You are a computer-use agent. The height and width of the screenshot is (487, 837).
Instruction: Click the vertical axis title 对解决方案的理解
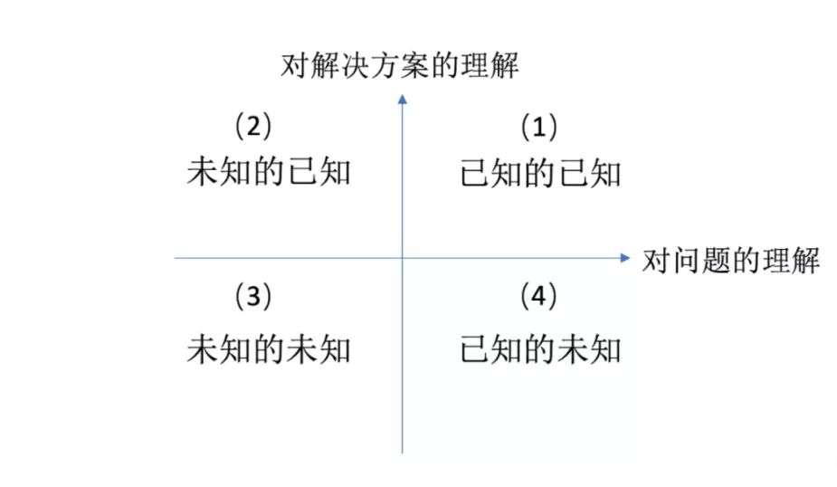click(x=400, y=66)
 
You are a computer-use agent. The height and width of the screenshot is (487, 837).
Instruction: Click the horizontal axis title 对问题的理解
click(x=730, y=262)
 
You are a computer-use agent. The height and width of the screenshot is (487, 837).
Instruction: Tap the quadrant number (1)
click(x=539, y=128)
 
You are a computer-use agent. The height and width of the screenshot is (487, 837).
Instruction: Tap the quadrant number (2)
click(x=253, y=126)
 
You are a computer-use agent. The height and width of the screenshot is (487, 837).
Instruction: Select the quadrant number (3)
click(x=253, y=296)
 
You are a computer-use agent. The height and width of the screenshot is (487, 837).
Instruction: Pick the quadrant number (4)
click(x=539, y=296)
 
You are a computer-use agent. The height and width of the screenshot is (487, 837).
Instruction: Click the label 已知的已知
click(x=540, y=173)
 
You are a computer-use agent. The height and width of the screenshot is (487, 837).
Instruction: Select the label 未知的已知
click(x=268, y=172)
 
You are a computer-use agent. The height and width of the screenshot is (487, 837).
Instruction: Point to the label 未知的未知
click(x=268, y=349)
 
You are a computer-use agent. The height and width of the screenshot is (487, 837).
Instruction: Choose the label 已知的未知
click(x=540, y=349)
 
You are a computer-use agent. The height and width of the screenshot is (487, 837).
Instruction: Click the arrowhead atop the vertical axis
click(x=402, y=98)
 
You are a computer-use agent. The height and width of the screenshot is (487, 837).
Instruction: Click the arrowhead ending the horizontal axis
click(x=624, y=258)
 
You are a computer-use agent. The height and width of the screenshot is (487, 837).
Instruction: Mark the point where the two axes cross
click(x=402, y=258)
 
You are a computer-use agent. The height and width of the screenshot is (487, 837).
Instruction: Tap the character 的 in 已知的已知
click(x=540, y=173)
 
